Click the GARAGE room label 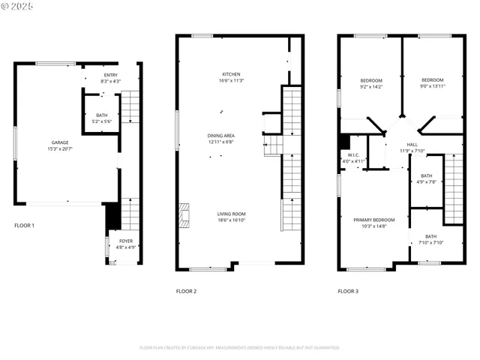(59, 142)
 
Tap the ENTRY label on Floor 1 (110, 75)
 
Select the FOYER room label (124, 241)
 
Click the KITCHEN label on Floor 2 (231, 73)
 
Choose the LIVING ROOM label (232, 214)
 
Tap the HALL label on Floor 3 (412, 145)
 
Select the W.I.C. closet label (354, 155)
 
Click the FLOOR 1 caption (25, 225)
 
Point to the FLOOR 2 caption (186, 291)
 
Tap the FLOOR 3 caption (348, 291)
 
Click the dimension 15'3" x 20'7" (59, 148)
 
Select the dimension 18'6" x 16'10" (232, 220)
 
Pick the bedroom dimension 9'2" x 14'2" (370, 87)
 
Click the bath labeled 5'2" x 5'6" (101, 121)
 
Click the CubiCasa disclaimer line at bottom (239, 348)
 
